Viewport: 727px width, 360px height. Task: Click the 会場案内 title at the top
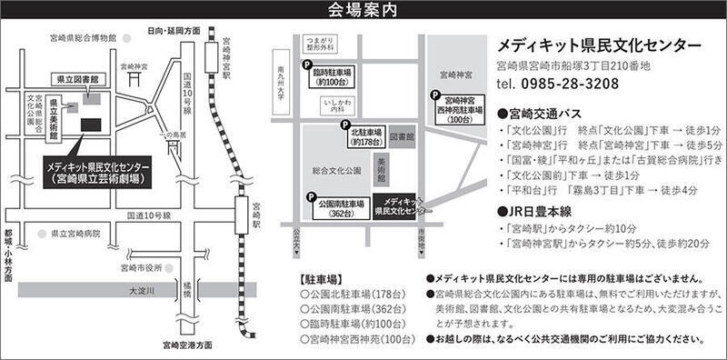[x=363, y=10]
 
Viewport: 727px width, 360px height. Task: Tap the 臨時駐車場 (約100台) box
[x=334, y=77]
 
